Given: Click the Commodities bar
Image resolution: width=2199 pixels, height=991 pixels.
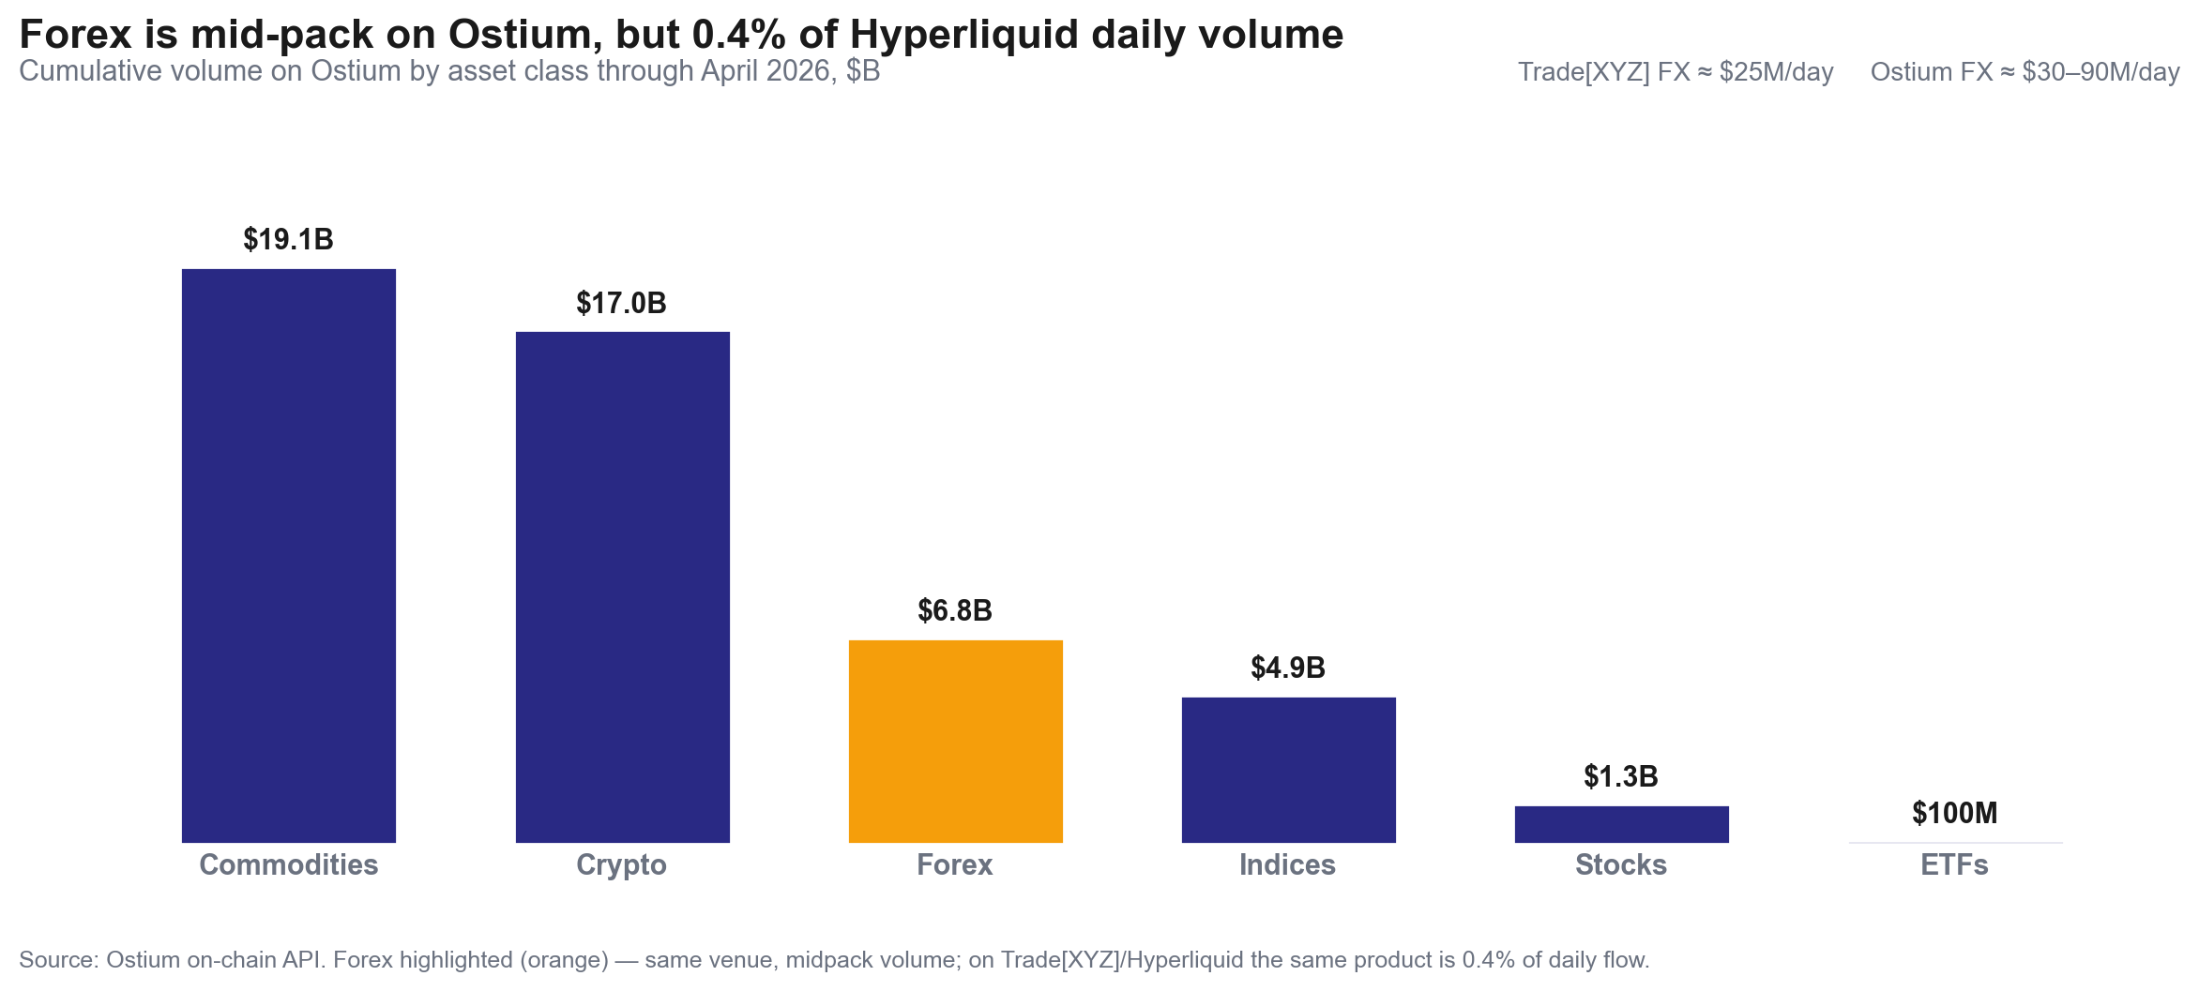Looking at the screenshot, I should pos(288,555).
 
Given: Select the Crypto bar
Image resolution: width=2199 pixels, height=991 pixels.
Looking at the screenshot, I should pos(622,587).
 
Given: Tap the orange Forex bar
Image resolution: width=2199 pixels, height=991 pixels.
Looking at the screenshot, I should pos(955,741).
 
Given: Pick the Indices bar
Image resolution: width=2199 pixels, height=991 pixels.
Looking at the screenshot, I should pos(1288,769).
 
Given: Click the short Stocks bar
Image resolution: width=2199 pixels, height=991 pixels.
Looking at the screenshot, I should pos(1621,824).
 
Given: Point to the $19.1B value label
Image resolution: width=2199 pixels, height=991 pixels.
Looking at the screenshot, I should pos(288,239).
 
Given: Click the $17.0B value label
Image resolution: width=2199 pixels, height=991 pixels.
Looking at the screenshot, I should pos(621,303).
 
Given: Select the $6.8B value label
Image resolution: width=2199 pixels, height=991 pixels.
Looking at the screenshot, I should pos(954,610).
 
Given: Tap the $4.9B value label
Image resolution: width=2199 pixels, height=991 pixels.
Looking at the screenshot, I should pos(1287,668).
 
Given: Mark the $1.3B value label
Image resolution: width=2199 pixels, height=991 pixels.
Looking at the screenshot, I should pos(1620,776).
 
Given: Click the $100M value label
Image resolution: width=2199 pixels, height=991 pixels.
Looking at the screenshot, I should pos(1954,813).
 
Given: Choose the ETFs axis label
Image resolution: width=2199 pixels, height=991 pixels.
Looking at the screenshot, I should pos(1954,864).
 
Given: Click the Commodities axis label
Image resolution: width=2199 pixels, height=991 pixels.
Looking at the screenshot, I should pos(288,864).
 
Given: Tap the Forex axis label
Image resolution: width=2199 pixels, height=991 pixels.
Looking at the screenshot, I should pos(954,864).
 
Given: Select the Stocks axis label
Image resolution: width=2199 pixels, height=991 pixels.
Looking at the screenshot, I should pos(1620,864).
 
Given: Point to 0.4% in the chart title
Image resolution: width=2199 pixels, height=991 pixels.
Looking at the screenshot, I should pos(738,35).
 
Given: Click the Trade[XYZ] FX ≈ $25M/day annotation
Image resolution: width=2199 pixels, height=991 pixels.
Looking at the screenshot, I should pos(1675,72).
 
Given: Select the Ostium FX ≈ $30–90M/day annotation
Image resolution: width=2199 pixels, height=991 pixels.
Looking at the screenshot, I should pos(2025,72).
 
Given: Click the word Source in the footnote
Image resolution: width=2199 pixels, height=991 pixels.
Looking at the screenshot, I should pos(57,960).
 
